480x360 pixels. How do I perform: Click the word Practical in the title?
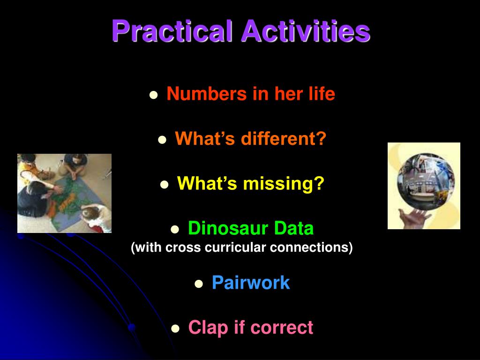(x=172, y=31)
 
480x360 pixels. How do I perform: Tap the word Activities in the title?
(x=306, y=30)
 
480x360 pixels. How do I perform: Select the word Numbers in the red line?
(x=207, y=93)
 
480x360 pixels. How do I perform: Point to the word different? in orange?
(x=284, y=138)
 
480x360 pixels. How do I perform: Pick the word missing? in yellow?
(x=284, y=183)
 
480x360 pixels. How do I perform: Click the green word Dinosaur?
(x=228, y=228)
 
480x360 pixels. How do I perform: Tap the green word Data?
(x=294, y=228)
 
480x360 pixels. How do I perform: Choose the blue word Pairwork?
(x=251, y=282)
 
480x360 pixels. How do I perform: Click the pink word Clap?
(x=209, y=328)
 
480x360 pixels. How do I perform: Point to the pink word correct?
(x=282, y=328)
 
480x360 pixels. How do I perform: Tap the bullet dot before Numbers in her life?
(x=154, y=95)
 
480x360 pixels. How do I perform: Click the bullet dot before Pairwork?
(x=199, y=284)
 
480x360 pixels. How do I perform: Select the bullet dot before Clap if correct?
(x=175, y=329)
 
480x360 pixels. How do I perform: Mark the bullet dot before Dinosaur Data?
(x=175, y=230)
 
